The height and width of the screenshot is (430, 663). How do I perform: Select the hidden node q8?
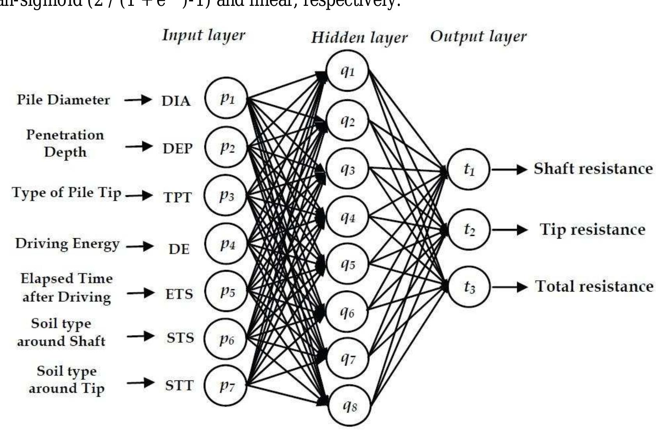[x=349, y=405]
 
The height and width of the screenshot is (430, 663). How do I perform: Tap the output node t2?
[x=469, y=229]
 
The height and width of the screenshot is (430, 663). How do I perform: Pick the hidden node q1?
[x=347, y=71]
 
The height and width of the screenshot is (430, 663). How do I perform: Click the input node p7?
[x=226, y=386]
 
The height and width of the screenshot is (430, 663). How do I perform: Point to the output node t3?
[x=469, y=287]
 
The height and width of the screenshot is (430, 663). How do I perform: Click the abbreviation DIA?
[x=176, y=101]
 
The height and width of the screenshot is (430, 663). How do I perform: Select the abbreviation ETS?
[x=179, y=294]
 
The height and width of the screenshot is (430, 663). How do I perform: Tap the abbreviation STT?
[x=179, y=386]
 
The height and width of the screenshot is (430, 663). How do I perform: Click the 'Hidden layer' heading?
[x=359, y=37]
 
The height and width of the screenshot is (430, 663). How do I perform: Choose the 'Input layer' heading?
[x=204, y=35]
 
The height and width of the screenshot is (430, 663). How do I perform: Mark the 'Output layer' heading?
[x=478, y=37]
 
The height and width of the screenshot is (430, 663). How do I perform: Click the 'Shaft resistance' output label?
[x=593, y=168]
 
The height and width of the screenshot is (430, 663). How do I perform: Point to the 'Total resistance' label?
[x=594, y=286]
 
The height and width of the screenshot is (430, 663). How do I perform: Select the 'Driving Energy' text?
[x=67, y=244]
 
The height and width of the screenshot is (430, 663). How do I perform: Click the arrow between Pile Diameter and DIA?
[x=138, y=100]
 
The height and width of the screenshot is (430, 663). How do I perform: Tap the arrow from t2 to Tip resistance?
[x=509, y=230]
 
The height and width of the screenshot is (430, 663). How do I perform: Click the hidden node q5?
[x=347, y=264]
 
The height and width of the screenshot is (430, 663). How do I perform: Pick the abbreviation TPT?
[x=177, y=197]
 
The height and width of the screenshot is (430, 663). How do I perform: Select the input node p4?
[x=227, y=244]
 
